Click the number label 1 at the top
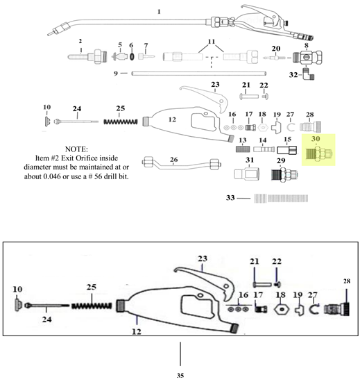pos(159,12)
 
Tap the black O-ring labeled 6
pos(130,56)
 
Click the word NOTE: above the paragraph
pos(78,149)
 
